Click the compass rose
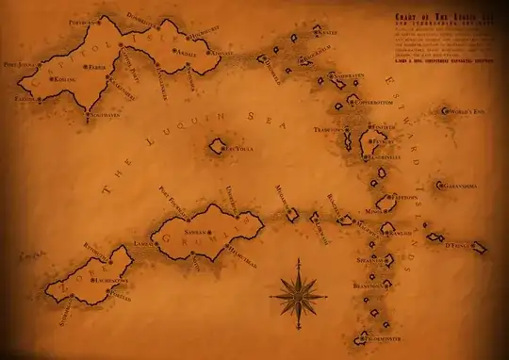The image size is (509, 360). pos(299,294)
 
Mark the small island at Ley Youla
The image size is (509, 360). pos(219,145)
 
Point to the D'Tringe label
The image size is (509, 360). pos(460,247)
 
